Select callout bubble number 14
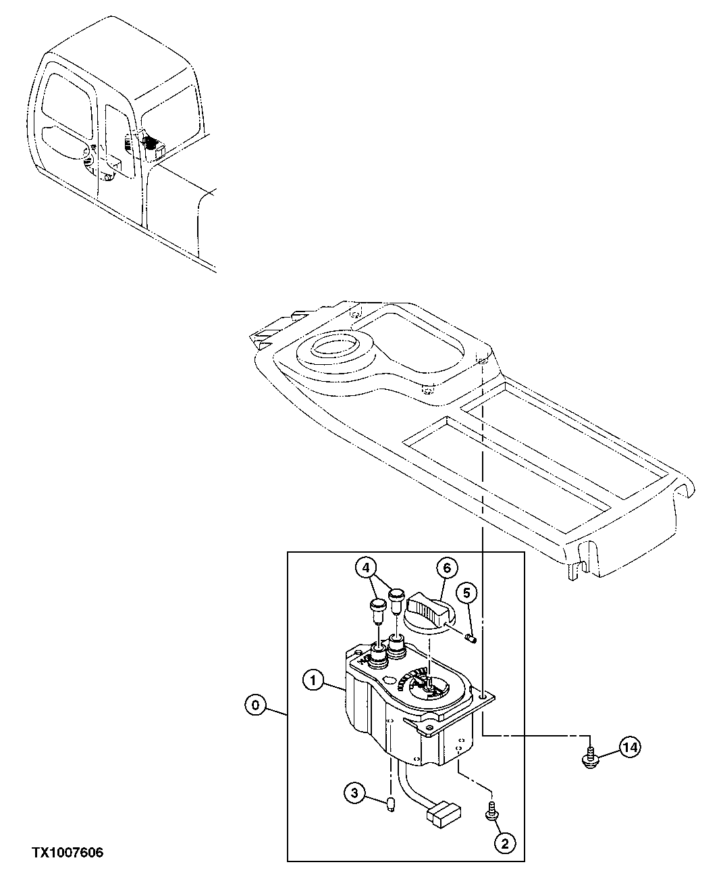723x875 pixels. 629,747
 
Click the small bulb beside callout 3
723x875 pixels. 391,804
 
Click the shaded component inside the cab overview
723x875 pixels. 150,143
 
